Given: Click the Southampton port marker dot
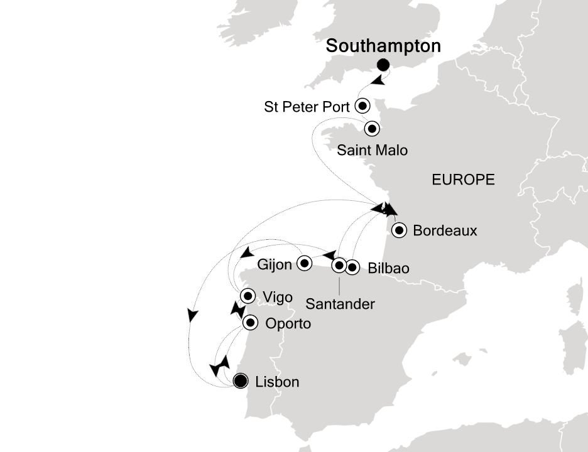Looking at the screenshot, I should click(383, 65).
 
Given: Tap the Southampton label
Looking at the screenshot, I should click(383, 46).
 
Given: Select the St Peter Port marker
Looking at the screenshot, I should click(362, 105).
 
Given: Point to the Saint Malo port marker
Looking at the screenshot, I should click(372, 129).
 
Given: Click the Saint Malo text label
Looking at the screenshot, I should click(372, 150).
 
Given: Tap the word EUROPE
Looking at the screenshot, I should click(463, 180).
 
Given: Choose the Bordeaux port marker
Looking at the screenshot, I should click(399, 230).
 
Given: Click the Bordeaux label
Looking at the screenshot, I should click(445, 231).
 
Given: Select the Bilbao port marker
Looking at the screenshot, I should click(352, 267).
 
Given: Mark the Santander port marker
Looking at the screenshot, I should click(339, 265).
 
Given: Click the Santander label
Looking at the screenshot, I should click(340, 304).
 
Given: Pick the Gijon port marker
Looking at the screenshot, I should click(304, 263).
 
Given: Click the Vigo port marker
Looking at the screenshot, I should click(248, 296).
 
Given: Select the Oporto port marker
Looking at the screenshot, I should click(251, 323).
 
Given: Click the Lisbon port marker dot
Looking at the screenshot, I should click(239, 380).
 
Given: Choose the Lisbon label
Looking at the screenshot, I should click(277, 381).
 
